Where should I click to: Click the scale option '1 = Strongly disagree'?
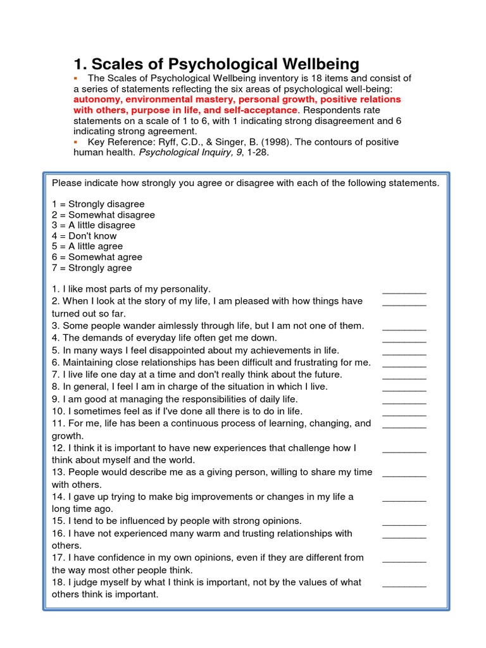click(98, 204)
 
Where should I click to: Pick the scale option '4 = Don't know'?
click(84, 236)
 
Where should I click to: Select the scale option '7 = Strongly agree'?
click(92, 268)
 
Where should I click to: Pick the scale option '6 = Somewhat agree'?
click(97, 257)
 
